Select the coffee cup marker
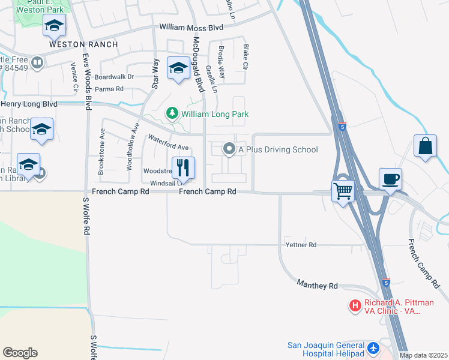[390, 179]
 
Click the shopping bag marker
[425, 146]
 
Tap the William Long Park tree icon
[172, 113]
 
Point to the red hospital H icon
[355, 306]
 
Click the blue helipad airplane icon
[373, 347]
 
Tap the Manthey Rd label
[325, 286]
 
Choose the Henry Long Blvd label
[29, 104]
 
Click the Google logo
[20, 353]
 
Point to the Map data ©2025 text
[423, 355]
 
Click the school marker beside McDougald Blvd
[178, 69]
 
